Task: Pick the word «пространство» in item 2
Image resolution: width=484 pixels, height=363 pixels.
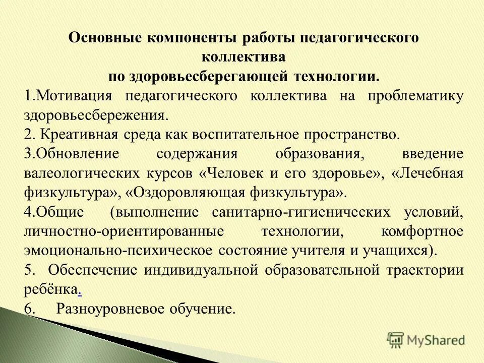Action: [x=352, y=135]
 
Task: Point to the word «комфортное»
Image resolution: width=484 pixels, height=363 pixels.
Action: [x=422, y=231]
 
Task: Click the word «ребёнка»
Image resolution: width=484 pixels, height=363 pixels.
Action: [x=50, y=289]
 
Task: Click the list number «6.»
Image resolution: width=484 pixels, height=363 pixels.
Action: [x=30, y=309]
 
